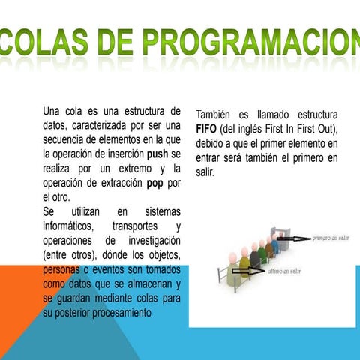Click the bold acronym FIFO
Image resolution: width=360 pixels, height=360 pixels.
point(208,129)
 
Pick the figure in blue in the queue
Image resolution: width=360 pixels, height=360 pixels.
point(275,246)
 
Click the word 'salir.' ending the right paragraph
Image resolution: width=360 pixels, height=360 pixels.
point(205,172)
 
